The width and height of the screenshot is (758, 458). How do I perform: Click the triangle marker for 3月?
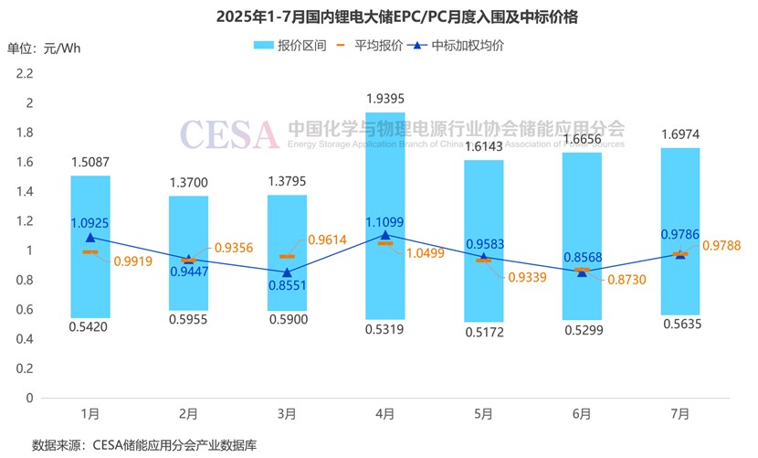click(x=287, y=272)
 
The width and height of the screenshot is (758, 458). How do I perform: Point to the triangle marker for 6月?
click(x=582, y=272)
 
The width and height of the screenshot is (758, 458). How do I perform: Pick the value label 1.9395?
click(x=384, y=99)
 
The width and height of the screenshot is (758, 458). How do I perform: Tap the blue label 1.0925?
click(x=90, y=222)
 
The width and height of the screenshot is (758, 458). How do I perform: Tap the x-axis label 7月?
click(x=679, y=414)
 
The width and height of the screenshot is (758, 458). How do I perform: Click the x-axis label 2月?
click(x=188, y=414)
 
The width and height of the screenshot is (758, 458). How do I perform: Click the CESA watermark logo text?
click(x=228, y=133)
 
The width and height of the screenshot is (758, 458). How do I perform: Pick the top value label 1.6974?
click(x=679, y=135)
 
